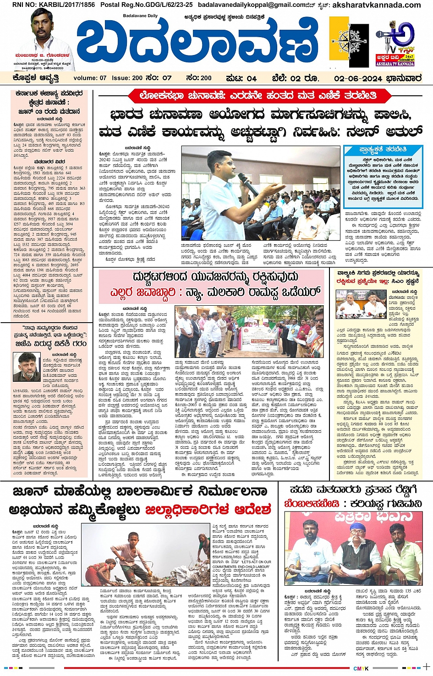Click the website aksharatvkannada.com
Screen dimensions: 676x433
pos(375,5)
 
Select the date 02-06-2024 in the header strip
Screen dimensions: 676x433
pos(358,78)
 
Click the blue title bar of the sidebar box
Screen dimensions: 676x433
pos(383,150)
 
